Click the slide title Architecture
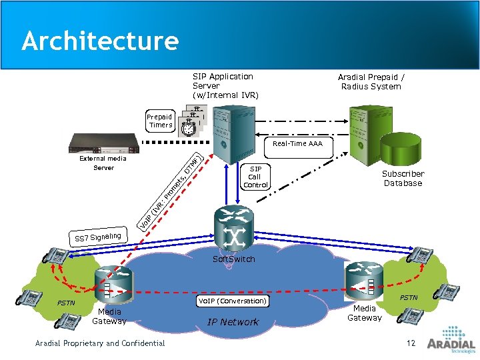coord(100,41)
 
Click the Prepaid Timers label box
coord(161,121)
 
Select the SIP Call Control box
coord(255,177)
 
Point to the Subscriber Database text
coord(403,178)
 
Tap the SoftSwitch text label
coord(233,259)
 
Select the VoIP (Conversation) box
coord(233,301)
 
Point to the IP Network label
coord(233,322)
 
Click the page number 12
coord(411,343)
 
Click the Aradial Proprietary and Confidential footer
coord(100,343)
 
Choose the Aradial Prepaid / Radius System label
coord(371,81)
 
